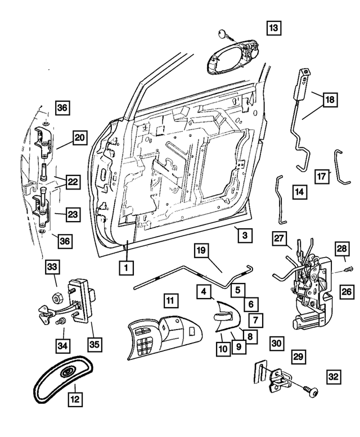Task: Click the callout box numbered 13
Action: click(273, 27)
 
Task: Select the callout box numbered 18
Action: click(330, 100)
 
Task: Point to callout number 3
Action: click(244, 235)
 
